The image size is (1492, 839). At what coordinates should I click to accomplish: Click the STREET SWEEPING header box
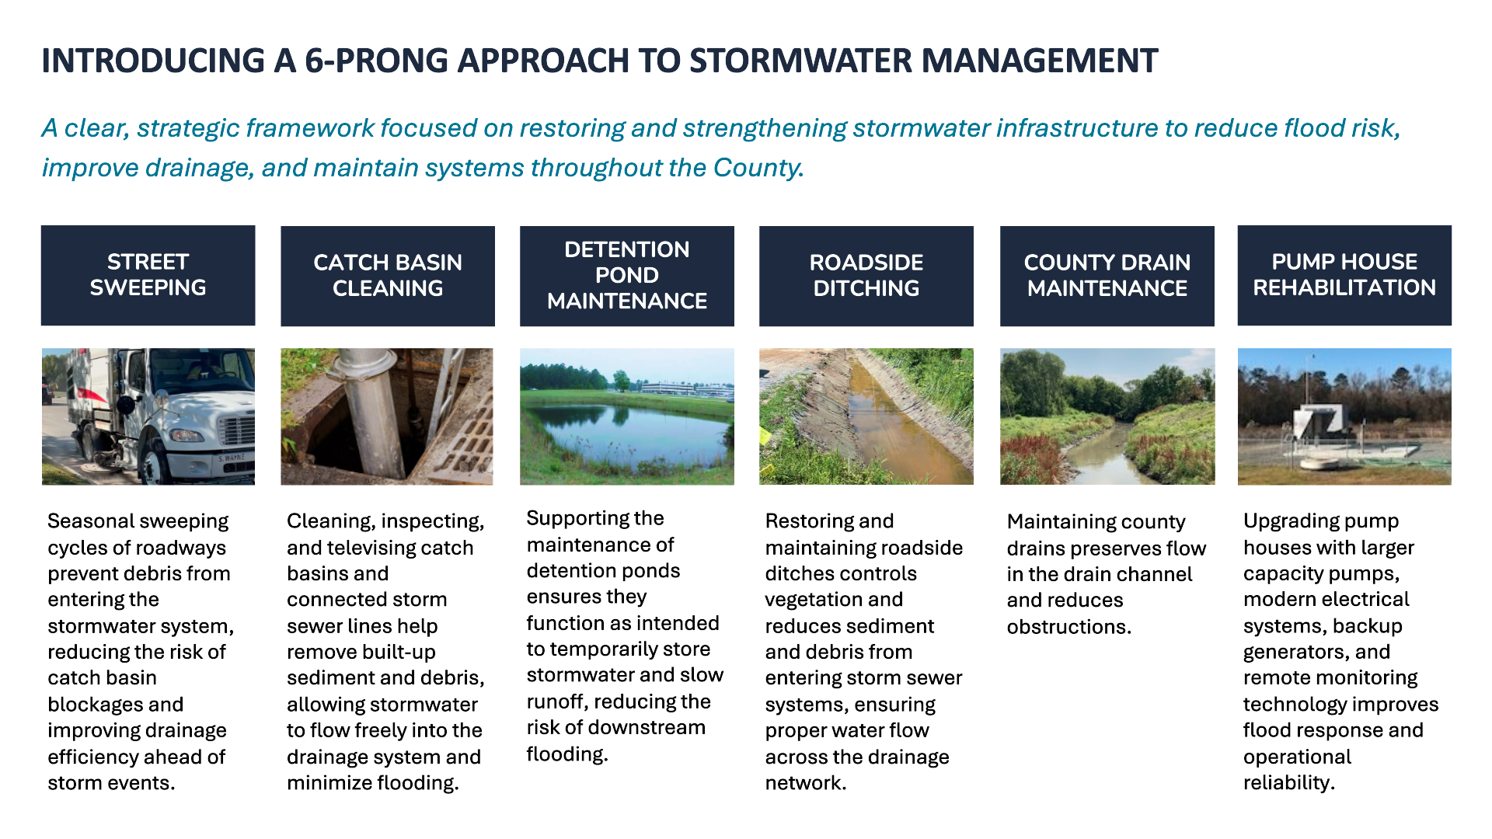tap(148, 275)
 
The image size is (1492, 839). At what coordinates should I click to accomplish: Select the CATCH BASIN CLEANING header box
tap(388, 276)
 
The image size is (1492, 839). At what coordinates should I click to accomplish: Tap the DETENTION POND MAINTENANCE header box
tap(627, 276)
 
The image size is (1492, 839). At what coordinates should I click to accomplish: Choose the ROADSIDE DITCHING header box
tap(866, 276)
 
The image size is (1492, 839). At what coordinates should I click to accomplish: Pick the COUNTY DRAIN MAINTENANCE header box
tap(1107, 276)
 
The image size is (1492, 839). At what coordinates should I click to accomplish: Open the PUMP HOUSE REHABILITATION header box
tap(1344, 275)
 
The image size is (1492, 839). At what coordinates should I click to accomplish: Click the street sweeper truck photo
tap(148, 416)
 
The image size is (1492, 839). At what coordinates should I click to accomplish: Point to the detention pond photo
tap(627, 416)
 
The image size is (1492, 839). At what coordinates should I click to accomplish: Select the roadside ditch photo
tap(866, 416)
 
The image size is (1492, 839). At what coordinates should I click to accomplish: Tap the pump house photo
tap(1344, 416)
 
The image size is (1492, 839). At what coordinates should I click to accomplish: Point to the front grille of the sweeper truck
tap(237, 431)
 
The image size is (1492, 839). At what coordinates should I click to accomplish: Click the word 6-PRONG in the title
tap(377, 61)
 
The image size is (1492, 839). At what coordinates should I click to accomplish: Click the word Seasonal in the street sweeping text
tap(95, 521)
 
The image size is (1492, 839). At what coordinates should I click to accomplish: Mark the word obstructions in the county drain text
tap(1069, 627)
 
